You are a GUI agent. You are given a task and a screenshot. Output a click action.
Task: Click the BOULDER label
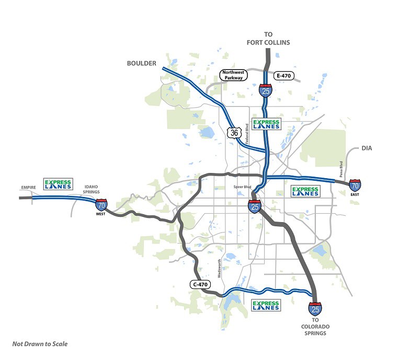(x=142, y=63)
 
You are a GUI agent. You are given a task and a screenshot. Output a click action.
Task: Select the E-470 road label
(x=283, y=76)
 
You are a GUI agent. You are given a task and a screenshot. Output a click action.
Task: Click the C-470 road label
(x=200, y=285)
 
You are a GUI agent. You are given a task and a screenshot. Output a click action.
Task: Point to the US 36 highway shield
(x=234, y=133)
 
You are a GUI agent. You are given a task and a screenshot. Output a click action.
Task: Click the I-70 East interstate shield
(x=355, y=185)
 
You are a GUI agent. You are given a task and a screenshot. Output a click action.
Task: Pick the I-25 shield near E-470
(x=266, y=90)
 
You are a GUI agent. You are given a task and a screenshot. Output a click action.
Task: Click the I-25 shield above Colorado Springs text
(x=315, y=308)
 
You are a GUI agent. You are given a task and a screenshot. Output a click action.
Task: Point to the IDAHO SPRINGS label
(x=88, y=189)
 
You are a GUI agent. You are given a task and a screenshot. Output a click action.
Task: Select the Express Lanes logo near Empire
(x=58, y=183)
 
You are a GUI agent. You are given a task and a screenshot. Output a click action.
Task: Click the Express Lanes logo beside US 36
(x=267, y=124)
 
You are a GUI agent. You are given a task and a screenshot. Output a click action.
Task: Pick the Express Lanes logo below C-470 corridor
(x=266, y=306)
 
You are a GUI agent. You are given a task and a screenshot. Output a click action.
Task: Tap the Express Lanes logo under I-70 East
(x=305, y=191)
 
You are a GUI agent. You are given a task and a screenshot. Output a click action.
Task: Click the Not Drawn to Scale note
(x=40, y=344)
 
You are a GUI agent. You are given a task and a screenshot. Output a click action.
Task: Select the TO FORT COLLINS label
(x=269, y=38)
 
